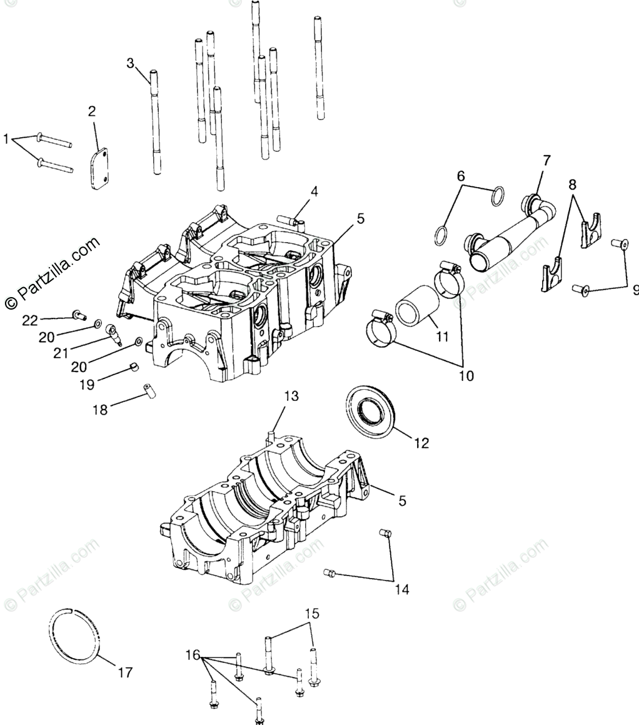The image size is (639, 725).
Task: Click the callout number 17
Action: click(125, 673)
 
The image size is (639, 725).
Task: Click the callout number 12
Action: click(421, 443)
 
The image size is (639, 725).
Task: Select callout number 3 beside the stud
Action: click(130, 63)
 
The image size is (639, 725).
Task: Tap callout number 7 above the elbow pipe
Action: click(546, 161)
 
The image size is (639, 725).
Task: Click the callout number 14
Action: click(402, 589)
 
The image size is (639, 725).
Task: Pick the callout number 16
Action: click(192, 656)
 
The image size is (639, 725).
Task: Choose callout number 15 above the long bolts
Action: click(312, 613)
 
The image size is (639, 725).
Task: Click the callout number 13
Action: click(292, 396)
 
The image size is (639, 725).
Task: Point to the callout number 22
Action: click(31, 321)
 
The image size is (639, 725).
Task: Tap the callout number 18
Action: click(100, 410)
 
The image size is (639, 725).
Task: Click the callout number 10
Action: click(466, 376)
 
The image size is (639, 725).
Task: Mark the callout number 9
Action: click(635, 290)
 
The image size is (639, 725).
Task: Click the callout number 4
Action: click(314, 191)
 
